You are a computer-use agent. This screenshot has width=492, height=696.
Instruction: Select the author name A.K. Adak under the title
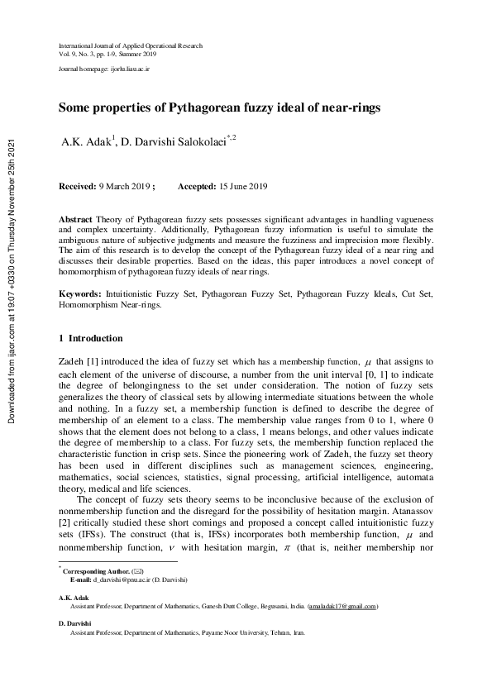tap(88, 141)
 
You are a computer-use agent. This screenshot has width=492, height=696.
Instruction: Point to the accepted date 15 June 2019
tap(239, 188)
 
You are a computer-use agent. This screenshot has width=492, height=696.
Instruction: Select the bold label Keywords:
tap(80, 293)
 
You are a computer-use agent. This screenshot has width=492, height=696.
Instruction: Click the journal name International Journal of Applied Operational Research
tap(130, 45)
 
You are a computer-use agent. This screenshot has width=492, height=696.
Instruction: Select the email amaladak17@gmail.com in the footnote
tap(342, 606)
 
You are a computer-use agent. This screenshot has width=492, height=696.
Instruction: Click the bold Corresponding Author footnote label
tap(95, 571)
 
